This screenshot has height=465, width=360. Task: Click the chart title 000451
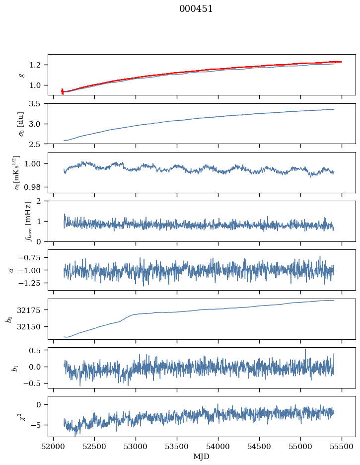pyautogui.click(x=196, y=9)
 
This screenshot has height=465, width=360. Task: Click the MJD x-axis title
pyautogui.click(x=202, y=457)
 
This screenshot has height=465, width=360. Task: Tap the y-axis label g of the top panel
pyautogui.click(x=21, y=75)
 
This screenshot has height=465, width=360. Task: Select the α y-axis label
pyautogui.click(x=11, y=270)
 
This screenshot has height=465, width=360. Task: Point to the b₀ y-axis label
pyautogui.click(x=8, y=318)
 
